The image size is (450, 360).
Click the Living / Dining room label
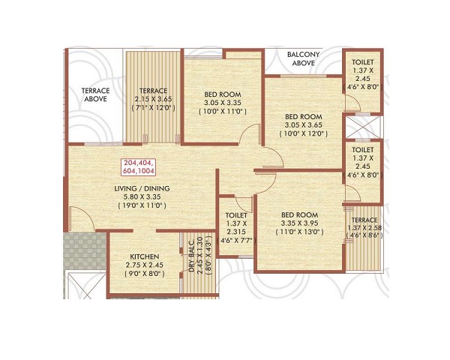tap(142, 188)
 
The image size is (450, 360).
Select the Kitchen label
tap(144, 256)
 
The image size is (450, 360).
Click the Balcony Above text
tap(303, 58)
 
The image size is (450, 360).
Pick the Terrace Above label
tap(95, 94)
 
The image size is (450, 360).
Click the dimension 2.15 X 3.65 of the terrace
tap(154, 99)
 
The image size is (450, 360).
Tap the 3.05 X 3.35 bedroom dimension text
tap(223, 103)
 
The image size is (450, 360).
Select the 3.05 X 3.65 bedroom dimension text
tap(303, 125)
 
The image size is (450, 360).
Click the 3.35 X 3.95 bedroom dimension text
tap(299, 223)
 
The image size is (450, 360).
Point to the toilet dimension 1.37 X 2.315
tap(236, 228)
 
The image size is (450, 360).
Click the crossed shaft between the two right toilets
tap(362, 127)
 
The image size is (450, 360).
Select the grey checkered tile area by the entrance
tap(85, 251)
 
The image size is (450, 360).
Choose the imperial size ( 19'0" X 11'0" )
tap(142, 205)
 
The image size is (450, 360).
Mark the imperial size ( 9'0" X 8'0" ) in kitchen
tap(145, 274)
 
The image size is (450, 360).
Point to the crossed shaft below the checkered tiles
tap(85, 286)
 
